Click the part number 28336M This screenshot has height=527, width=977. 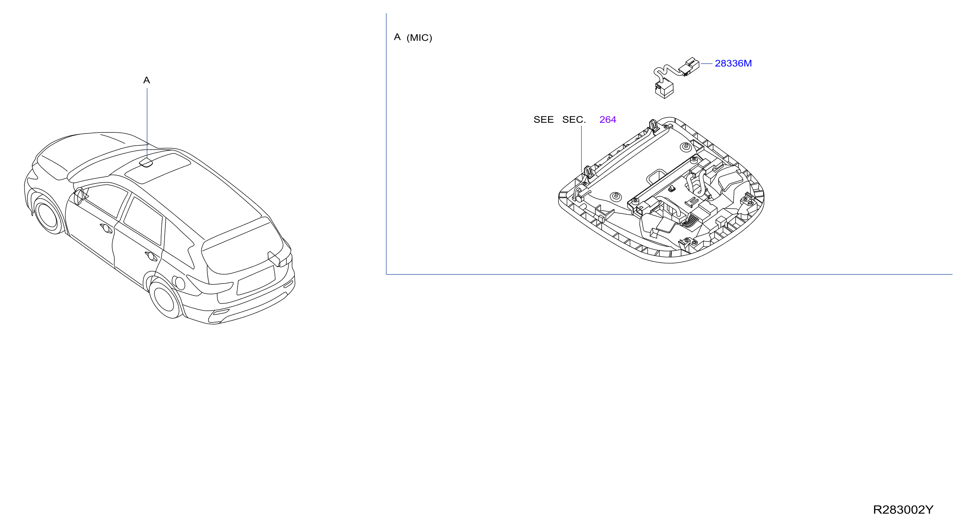733,64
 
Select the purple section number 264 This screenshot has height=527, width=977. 608,120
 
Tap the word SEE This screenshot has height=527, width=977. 543,120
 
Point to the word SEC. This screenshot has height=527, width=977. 574,120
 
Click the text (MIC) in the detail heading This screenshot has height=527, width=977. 419,38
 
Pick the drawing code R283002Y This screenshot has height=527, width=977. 903,510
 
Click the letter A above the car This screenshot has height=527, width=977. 147,80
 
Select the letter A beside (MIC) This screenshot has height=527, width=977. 397,37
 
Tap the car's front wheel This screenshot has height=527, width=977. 49,216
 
